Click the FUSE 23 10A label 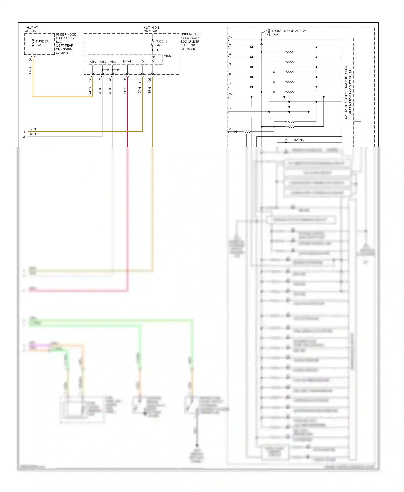[x=42, y=43]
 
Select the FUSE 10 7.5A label [x=161, y=43]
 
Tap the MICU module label [x=167, y=56]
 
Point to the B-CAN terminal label [x=127, y=62]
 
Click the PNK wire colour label [x=125, y=91]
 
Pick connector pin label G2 [x=90, y=80]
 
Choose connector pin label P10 [x=140, y=80]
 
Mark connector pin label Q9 [x=149, y=80]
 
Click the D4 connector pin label [x=30, y=59]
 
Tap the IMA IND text [x=298, y=140]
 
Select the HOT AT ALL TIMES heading [x=33, y=29]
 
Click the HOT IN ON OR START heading [x=151, y=29]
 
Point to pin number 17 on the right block [x=231, y=37]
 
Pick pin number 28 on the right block [x=231, y=109]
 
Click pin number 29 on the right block [x=231, y=129]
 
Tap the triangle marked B [x=266, y=33]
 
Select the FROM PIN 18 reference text [x=289, y=33]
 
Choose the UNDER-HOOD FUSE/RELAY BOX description [x=66, y=44]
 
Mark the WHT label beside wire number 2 [x=33, y=134]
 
